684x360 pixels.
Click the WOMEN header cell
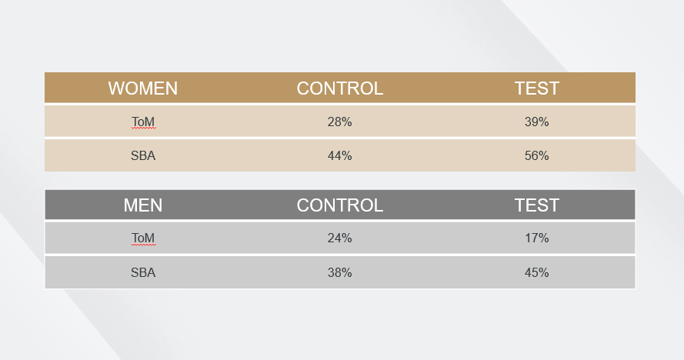pyautogui.click(x=143, y=88)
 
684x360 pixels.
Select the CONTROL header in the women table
pyautogui.click(x=340, y=88)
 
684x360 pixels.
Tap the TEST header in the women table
pyautogui.click(x=536, y=88)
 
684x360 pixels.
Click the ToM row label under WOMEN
pyautogui.click(x=143, y=122)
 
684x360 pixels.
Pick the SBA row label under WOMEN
pyautogui.click(x=143, y=156)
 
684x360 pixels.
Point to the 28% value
pyautogui.click(x=340, y=122)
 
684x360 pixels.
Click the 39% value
pyautogui.click(x=536, y=122)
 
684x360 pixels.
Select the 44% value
pyautogui.click(x=340, y=156)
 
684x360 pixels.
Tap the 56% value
pyautogui.click(x=536, y=156)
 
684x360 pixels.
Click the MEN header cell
pyautogui.click(x=143, y=205)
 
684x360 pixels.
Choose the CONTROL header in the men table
pyautogui.click(x=340, y=205)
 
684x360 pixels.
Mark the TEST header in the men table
pyautogui.click(x=536, y=205)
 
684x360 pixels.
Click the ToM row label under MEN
pyautogui.click(x=143, y=238)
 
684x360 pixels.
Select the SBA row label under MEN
pyautogui.click(x=143, y=273)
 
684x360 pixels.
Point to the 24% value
pyautogui.click(x=340, y=238)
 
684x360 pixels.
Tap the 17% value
pyautogui.click(x=536, y=238)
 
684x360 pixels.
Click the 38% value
pyautogui.click(x=340, y=273)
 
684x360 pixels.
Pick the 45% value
pyautogui.click(x=536, y=273)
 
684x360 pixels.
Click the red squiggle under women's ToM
pyautogui.click(x=143, y=128)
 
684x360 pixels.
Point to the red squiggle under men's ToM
pyautogui.click(x=143, y=245)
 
